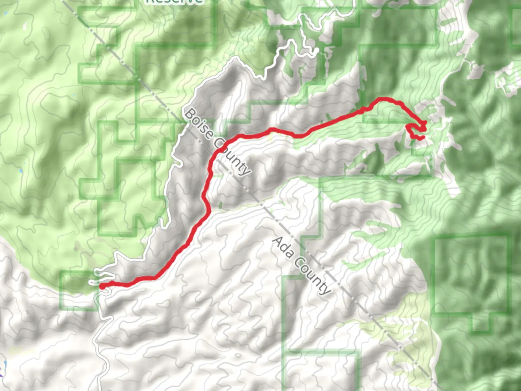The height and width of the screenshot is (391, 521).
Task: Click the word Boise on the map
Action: point(198,125)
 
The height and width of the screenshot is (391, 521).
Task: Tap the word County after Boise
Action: point(232,157)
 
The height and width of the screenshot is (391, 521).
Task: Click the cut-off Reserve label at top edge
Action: point(174,1)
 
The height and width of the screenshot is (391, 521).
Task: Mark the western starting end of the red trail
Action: point(102,286)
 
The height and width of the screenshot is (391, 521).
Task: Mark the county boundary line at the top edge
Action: point(65,2)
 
